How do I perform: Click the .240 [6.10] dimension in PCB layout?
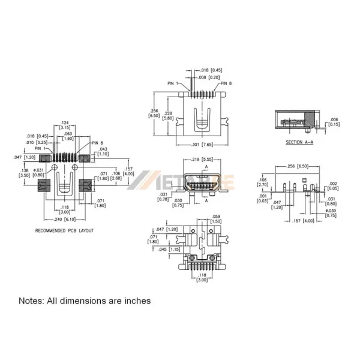67,220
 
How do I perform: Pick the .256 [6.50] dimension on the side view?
299,166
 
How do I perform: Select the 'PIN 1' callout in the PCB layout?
40,148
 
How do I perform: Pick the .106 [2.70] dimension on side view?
263,182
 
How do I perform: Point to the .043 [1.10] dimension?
103,151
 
